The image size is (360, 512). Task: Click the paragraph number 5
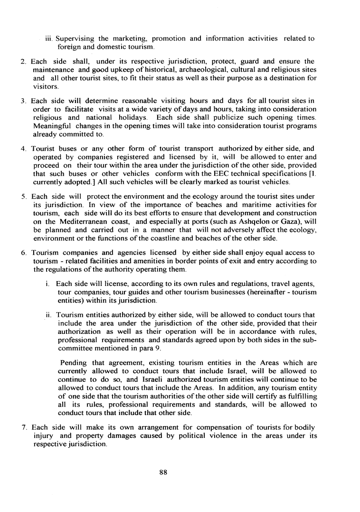pos(23,196)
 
